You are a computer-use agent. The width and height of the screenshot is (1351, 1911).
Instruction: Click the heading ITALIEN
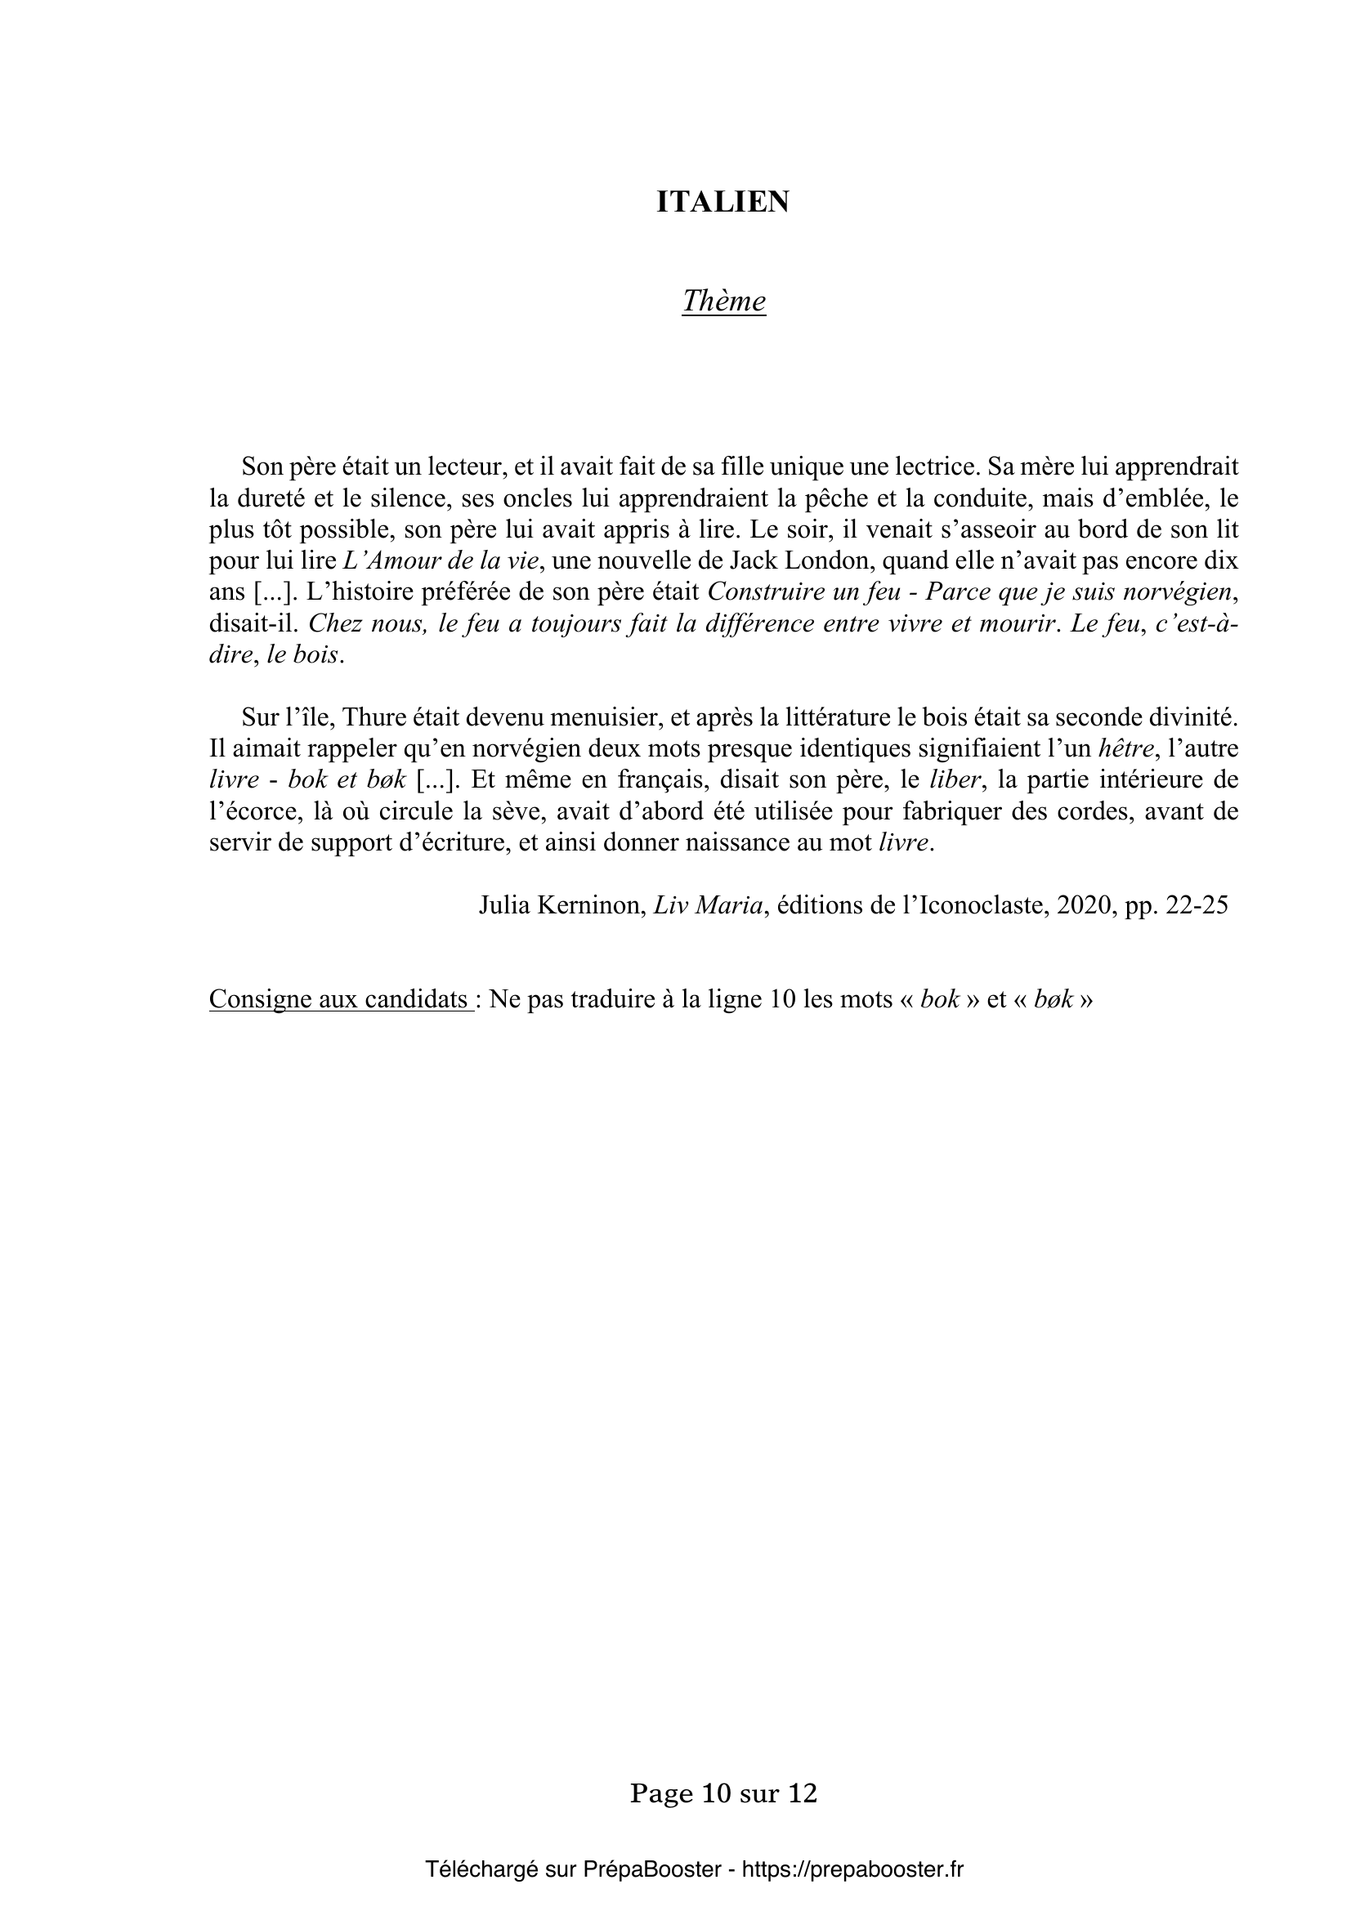[x=722, y=203]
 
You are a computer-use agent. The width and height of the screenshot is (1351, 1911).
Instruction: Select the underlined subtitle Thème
[x=723, y=301]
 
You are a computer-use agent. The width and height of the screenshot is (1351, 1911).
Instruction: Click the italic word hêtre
[x=1126, y=748]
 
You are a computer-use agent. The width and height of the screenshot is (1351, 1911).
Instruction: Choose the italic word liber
[x=951, y=780]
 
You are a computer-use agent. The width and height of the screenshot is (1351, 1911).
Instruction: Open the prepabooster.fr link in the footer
[x=852, y=1869]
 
